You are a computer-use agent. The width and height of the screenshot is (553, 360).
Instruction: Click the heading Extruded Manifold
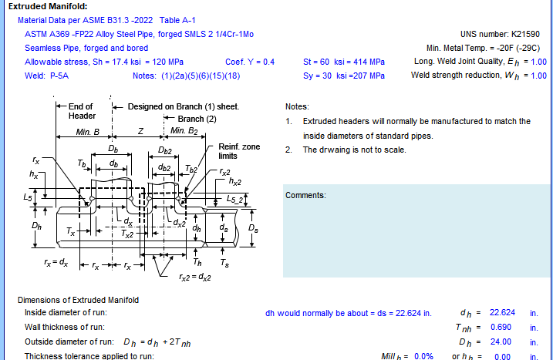click(48, 6)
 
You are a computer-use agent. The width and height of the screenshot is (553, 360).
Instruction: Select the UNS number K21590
click(500, 34)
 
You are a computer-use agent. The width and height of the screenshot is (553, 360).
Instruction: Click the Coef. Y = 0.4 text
click(250, 62)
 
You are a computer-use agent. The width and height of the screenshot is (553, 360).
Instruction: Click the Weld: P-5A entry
click(46, 76)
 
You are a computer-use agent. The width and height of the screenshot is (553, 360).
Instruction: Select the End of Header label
click(82, 111)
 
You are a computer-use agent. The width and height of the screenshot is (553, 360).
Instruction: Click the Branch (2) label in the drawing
click(197, 119)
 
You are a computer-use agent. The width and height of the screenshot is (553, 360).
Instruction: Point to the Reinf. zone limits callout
click(239, 151)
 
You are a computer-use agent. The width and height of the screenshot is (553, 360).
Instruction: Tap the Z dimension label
click(140, 131)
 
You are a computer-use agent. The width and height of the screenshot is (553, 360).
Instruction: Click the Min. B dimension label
click(87, 132)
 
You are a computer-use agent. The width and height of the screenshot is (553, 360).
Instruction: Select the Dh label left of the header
click(37, 226)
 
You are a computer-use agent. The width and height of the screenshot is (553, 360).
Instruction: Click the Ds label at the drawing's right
click(253, 228)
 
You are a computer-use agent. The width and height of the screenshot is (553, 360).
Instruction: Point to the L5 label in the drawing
click(28, 197)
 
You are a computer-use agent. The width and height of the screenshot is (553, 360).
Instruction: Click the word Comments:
click(305, 195)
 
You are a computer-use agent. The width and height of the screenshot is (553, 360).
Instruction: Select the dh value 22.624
click(502, 312)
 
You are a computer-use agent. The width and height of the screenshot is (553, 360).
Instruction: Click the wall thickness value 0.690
click(501, 327)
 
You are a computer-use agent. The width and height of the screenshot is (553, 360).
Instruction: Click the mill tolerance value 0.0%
click(423, 356)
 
